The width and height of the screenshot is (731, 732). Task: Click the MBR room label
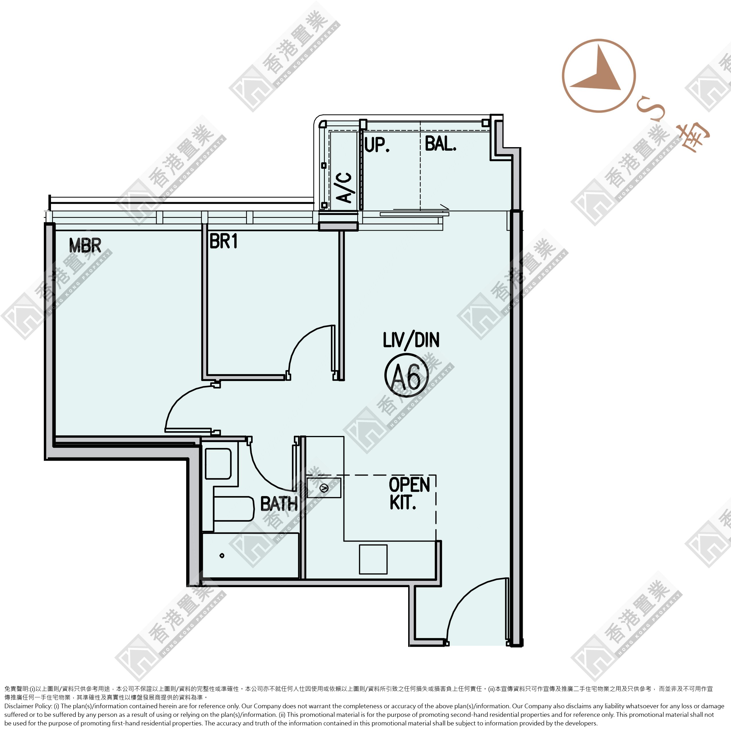click(x=85, y=246)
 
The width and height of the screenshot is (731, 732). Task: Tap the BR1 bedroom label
click(x=224, y=241)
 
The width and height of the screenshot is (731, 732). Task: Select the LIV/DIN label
click(x=411, y=340)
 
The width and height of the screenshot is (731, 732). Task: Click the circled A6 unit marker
click(x=406, y=375)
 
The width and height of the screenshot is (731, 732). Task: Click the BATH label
click(x=279, y=504)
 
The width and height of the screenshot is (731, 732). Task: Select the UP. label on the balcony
click(x=377, y=145)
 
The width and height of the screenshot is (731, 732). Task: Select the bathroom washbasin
click(x=218, y=464)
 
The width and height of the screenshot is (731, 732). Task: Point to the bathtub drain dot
click(x=222, y=556)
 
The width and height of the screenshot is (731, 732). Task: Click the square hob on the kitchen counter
click(x=373, y=559)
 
